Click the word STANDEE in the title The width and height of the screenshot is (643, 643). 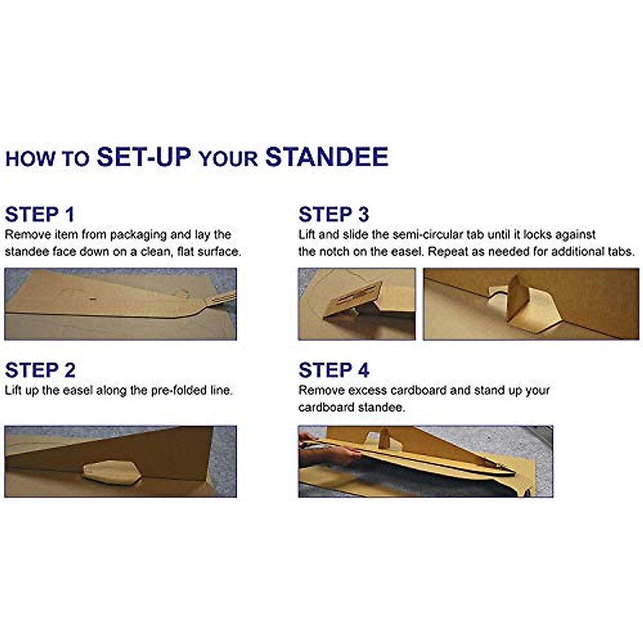point(327,157)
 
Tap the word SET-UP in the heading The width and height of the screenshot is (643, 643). point(144,157)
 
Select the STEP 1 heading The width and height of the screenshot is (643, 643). point(39,214)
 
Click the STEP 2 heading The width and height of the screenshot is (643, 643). point(40,370)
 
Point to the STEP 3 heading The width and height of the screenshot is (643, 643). point(334,214)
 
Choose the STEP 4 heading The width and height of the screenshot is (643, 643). point(334,370)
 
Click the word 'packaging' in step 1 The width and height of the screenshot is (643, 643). point(138,235)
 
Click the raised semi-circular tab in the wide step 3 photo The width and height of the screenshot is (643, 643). point(518,298)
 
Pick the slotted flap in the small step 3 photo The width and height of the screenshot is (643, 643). point(353,297)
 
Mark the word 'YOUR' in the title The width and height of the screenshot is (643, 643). point(229,159)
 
